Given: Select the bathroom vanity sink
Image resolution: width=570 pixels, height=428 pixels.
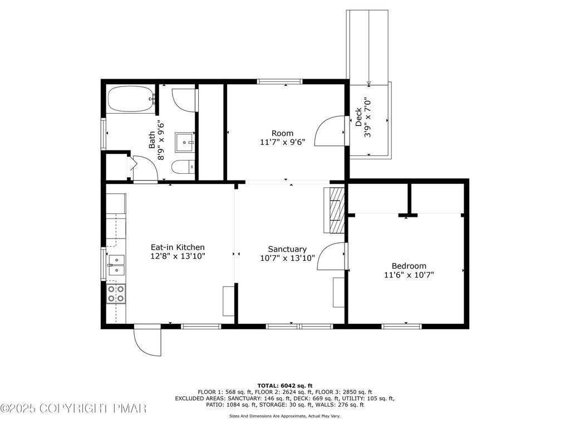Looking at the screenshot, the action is click(x=185, y=142).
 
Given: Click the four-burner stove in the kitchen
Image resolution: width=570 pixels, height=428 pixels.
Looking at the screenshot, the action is click(x=116, y=294).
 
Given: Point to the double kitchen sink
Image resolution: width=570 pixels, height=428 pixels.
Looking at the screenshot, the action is click(x=116, y=265).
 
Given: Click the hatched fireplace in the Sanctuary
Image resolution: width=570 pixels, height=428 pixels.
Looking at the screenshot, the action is click(x=335, y=210).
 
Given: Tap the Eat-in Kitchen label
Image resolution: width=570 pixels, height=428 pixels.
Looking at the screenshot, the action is click(x=178, y=247).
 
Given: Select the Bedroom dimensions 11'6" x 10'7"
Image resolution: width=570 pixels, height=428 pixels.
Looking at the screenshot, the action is click(x=409, y=275).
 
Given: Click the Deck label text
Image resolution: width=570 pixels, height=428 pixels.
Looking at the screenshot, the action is click(x=358, y=117).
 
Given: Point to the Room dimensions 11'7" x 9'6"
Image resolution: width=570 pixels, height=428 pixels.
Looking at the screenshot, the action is click(x=282, y=142).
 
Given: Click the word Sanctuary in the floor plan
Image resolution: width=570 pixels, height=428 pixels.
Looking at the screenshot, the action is click(x=287, y=249).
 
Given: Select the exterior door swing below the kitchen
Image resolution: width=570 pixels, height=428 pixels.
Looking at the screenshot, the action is click(x=147, y=341).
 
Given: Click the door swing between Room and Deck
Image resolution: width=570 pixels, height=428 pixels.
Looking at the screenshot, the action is click(x=330, y=130).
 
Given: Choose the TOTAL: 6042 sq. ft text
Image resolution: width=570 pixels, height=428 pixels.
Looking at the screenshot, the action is click(x=285, y=386).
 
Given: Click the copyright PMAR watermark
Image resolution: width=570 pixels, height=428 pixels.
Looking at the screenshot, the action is click(x=73, y=408).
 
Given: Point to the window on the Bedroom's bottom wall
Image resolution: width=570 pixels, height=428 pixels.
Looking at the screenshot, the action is click(x=402, y=327).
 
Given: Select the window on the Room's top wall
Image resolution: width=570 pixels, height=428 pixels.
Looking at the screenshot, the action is click(x=279, y=81).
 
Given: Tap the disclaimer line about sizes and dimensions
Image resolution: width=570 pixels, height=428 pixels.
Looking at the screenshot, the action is click(x=284, y=416).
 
